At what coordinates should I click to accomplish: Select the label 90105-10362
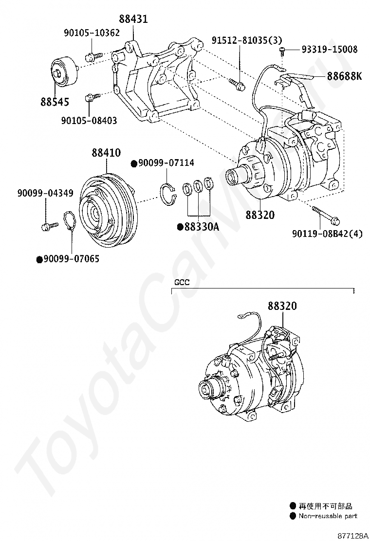pos(92,33)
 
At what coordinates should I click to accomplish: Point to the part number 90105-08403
pos(89,120)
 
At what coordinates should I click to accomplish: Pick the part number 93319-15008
pos(329,49)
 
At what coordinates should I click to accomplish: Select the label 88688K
pos(344,76)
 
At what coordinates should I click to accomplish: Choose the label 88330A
pos(201,226)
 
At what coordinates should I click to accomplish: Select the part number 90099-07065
pos(71,259)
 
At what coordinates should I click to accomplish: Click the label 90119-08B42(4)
pos(327,234)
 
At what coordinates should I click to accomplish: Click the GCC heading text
pos(181,282)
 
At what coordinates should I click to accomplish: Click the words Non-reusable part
pos(328,516)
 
